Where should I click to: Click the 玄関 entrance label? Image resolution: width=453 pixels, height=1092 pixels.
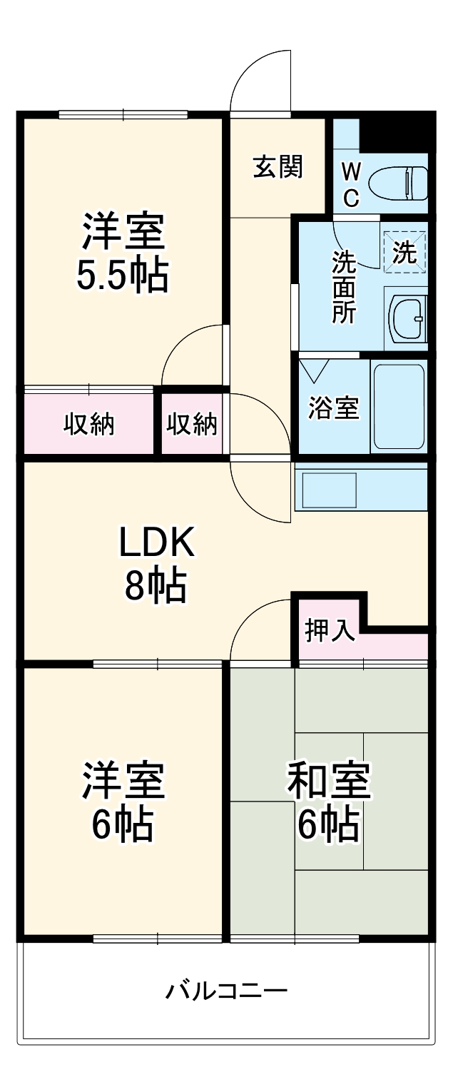coord(278,166)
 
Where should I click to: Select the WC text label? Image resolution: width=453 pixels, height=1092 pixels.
coord(350,184)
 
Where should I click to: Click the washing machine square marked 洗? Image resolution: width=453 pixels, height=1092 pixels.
coord(404,252)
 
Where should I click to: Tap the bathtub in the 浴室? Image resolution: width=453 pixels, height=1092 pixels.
coord(398,407)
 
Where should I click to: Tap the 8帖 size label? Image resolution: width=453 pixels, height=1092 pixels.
coord(156,587)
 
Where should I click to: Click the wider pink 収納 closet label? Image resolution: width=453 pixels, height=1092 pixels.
coord(89,425)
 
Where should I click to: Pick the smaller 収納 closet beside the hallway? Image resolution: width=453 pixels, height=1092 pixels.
coord(191,425)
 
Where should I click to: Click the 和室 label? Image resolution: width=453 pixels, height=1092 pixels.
coord(328,782)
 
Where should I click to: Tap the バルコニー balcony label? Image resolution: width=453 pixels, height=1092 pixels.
coord(227,991)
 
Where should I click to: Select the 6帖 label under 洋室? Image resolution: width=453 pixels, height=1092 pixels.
coord(122,824)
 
